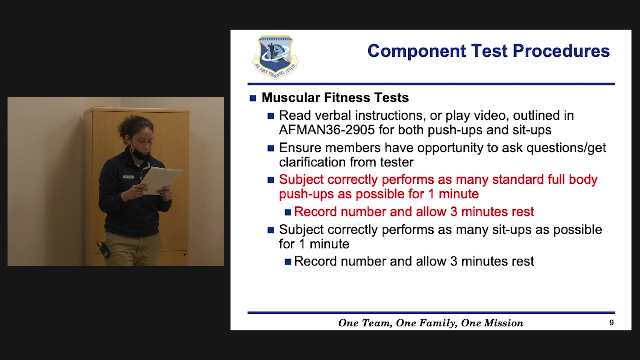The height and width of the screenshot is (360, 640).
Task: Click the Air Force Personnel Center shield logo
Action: [x=275, y=57]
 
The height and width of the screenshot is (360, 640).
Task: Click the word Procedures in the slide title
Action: [x=561, y=51]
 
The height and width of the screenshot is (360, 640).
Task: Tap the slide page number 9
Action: [x=612, y=323]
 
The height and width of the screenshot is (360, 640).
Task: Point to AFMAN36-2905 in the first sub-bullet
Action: [x=327, y=130]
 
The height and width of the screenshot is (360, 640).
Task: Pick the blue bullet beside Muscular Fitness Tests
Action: [x=253, y=98]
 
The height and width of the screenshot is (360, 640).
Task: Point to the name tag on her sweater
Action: [x=128, y=177]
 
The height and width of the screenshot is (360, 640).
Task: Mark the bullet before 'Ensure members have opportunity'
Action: [x=271, y=148]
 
